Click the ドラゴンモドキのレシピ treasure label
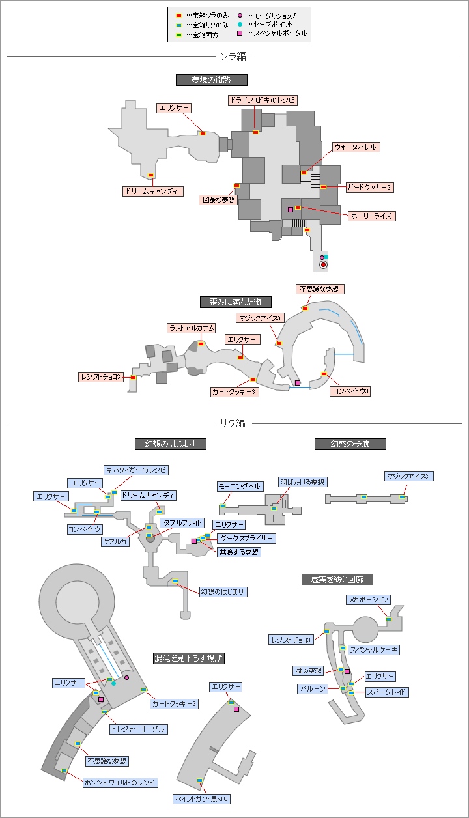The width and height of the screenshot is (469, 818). [263, 100]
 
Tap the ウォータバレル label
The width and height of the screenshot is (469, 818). [355, 147]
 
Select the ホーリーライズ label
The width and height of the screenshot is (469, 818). [371, 216]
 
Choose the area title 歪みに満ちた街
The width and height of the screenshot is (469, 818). [235, 302]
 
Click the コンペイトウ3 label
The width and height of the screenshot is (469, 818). [351, 391]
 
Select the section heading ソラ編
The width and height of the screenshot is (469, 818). [233, 57]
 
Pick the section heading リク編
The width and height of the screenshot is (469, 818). [233, 423]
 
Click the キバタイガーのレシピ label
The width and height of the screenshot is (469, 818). [136, 470]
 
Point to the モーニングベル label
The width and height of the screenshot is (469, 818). [240, 487]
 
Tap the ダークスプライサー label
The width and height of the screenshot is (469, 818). [246, 539]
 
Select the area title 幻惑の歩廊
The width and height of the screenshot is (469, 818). [350, 444]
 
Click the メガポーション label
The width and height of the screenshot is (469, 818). [368, 599]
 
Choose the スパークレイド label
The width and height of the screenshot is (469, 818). [387, 692]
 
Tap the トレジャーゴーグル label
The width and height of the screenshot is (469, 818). [137, 729]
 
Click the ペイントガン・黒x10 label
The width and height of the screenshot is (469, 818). [202, 799]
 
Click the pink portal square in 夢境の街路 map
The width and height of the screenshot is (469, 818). [291, 210]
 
